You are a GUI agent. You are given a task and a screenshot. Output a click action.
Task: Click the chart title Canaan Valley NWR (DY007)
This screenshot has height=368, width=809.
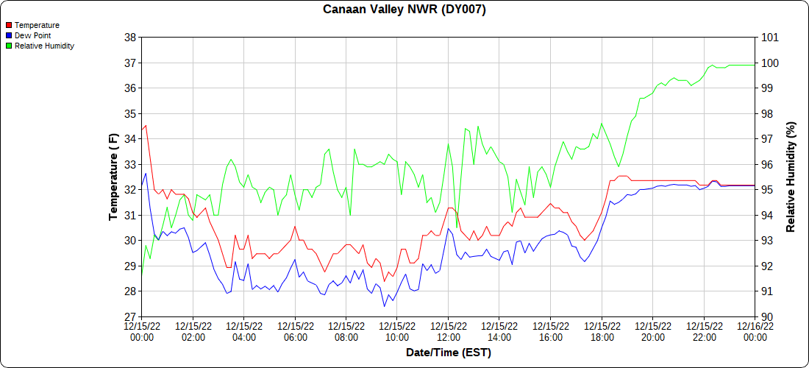404,10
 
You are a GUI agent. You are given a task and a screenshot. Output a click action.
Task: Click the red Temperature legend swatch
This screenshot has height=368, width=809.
9,25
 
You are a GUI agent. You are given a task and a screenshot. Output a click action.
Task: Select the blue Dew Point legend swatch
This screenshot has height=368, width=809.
9,35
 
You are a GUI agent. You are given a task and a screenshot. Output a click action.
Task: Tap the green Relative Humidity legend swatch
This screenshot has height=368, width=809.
9,46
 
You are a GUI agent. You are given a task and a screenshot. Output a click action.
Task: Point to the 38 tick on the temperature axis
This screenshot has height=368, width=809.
129,38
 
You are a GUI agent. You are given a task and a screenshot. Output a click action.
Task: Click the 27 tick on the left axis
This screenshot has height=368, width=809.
129,317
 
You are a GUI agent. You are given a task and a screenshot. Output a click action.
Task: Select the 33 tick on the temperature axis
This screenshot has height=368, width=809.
129,165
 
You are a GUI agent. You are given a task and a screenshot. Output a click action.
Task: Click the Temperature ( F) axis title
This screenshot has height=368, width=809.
113,177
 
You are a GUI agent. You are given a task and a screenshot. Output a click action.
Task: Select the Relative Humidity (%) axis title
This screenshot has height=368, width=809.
791,177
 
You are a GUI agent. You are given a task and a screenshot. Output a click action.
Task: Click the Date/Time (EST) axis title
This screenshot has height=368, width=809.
449,353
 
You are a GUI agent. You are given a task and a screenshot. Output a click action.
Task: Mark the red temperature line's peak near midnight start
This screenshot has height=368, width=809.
146,125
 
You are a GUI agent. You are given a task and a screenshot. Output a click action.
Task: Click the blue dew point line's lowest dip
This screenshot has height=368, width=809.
384,306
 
